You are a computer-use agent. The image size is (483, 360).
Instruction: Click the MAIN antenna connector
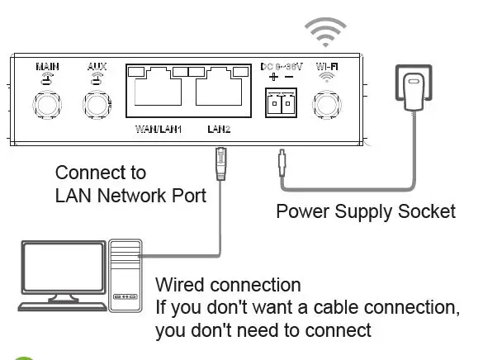point(45,105)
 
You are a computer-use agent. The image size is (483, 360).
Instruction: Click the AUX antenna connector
point(97,105)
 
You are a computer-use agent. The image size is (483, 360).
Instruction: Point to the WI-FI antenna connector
point(327,105)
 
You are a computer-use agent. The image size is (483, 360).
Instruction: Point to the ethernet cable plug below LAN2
point(220,162)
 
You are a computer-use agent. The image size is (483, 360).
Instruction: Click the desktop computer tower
point(125,274)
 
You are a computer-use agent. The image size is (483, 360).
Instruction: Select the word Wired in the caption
point(180,286)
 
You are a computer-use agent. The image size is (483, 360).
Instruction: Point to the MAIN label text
point(45,65)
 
